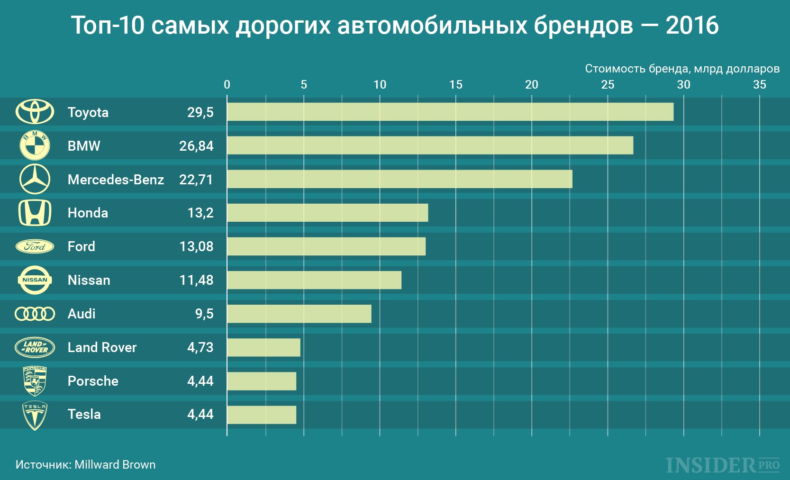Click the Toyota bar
pyautogui.click(x=450, y=112)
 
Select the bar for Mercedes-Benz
pyautogui.click(x=400, y=179)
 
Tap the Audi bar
pyautogui.click(x=299, y=314)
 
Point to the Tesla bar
pyautogui.click(x=262, y=415)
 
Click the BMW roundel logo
pyautogui.click(x=35, y=145)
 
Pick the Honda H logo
pyautogui.click(x=35, y=213)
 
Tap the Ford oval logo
pyautogui.click(x=35, y=246)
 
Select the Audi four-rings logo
pyautogui.click(x=35, y=314)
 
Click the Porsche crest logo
pyautogui.click(x=35, y=381)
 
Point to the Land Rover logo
pyautogui.click(x=35, y=347)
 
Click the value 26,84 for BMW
pyautogui.click(x=196, y=146)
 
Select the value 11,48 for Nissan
pyautogui.click(x=196, y=280)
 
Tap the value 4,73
pyautogui.click(x=200, y=347)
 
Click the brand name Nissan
pyautogui.click(x=89, y=280)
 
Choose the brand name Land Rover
pyautogui.click(x=102, y=347)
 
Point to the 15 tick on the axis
pyautogui.click(x=455, y=85)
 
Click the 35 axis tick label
pyautogui.click(x=759, y=85)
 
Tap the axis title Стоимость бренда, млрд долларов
pyautogui.click(x=682, y=69)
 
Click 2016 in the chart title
pyautogui.click(x=692, y=26)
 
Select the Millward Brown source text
pyautogui.click(x=115, y=464)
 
